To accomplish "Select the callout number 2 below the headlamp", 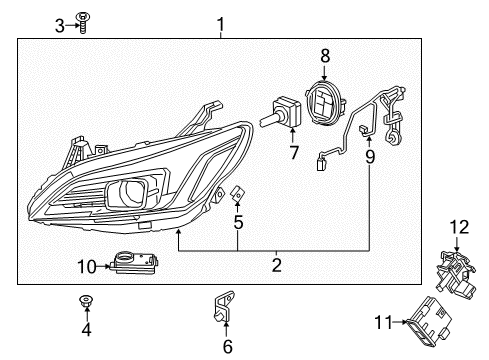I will click(277, 265).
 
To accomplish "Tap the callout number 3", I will click(59, 24).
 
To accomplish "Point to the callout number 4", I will click(85, 329).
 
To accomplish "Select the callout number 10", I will click(86, 265).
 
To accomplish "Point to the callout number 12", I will click(459, 229).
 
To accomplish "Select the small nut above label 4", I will click(85, 300).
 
